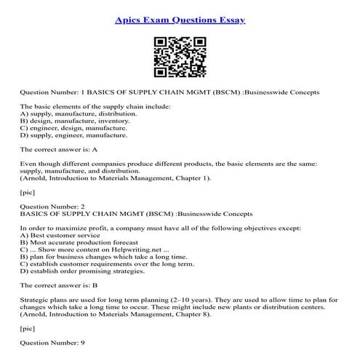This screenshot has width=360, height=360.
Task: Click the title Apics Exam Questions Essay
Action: (x=180, y=19)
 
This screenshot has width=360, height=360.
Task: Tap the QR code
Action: (x=180, y=57)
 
